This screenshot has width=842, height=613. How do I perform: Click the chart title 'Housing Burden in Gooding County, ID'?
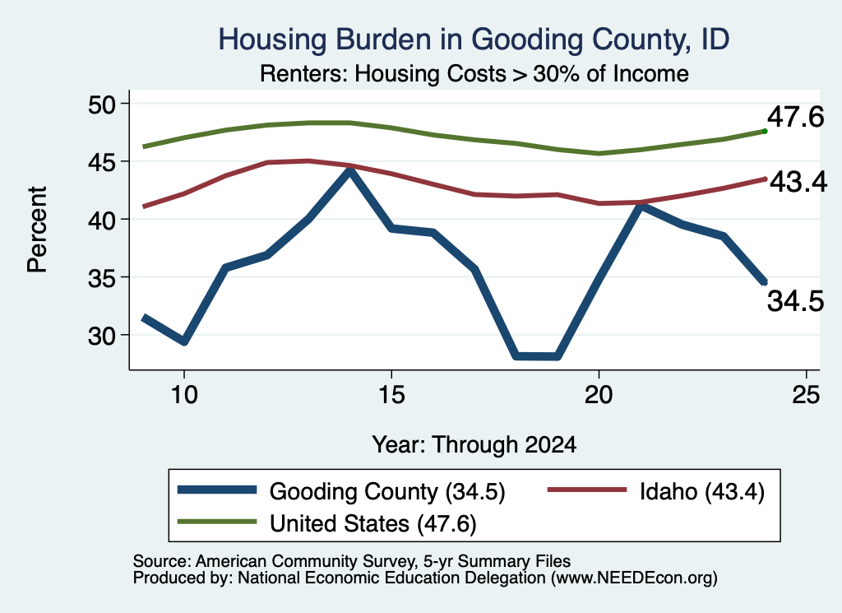(474, 39)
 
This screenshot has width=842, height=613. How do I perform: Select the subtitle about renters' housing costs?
(474, 73)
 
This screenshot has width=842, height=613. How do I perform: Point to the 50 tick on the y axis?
(102, 104)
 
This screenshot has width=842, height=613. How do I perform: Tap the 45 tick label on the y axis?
(102, 161)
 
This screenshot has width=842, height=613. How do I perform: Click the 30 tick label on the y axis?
(102, 335)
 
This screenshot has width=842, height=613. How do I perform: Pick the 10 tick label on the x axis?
(184, 395)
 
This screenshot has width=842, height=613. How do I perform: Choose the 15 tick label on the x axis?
(391, 395)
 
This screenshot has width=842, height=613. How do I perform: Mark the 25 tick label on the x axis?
(806, 395)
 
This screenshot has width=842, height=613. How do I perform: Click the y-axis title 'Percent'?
(38, 230)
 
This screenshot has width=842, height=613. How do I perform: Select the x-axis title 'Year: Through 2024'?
(474, 445)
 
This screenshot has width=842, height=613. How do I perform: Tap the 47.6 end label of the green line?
(795, 117)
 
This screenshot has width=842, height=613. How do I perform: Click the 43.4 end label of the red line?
(798, 182)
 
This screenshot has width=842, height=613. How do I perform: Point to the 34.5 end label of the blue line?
(795, 301)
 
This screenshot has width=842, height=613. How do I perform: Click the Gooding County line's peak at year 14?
(350, 170)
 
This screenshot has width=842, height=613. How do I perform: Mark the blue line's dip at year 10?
(184, 341)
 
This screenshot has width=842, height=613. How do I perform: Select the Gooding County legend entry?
(341, 491)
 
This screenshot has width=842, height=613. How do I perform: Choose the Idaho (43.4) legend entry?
(655, 491)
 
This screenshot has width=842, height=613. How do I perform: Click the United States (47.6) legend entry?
(327, 523)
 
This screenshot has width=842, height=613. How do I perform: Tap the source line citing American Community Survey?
(352, 561)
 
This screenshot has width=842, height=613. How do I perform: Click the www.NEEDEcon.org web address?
(634, 578)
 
